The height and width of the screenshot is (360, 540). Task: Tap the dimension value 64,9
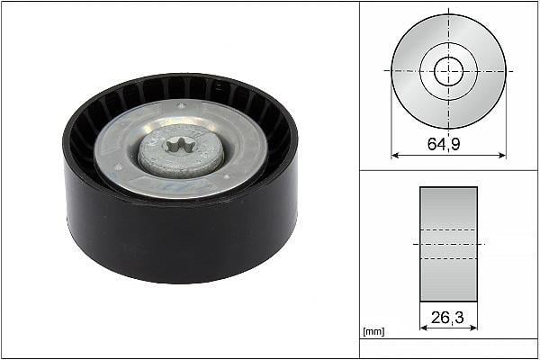click(444, 143)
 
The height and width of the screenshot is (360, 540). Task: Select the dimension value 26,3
click(447, 317)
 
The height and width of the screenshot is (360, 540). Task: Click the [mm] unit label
click(373, 332)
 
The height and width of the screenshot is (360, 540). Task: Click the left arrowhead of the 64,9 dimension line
click(395, 156)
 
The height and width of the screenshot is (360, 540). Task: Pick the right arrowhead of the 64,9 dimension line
click(502, 156)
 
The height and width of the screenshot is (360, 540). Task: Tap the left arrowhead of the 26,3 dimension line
click(424, 328)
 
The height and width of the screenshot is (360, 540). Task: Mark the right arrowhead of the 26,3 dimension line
click(473, 328)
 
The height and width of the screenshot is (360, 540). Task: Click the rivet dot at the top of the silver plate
click(182, 105)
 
